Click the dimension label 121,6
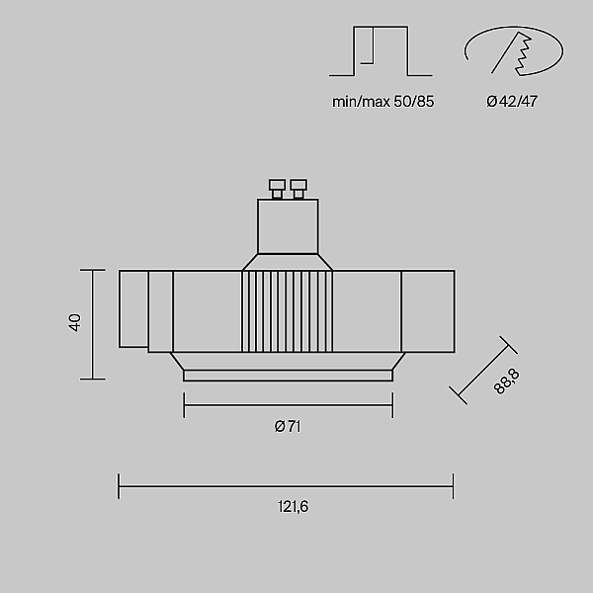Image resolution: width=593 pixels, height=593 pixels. (x=294, y=506)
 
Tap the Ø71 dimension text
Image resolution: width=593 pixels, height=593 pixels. (x=288, y=427)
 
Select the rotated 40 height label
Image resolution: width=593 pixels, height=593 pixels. (x=75, y=322)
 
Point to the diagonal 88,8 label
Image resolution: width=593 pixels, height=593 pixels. (x=507, y=381)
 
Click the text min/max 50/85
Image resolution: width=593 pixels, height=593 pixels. (x=383, y=102)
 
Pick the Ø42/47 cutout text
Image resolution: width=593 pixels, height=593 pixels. (x=512, y=102)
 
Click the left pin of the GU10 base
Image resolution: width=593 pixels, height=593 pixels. (x=277, y=189)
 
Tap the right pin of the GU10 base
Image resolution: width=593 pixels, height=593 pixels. (x=298, y=189)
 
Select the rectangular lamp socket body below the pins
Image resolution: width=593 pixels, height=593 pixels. (x=288, y=226)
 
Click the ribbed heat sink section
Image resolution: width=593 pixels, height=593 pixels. (x=288, y=311)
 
